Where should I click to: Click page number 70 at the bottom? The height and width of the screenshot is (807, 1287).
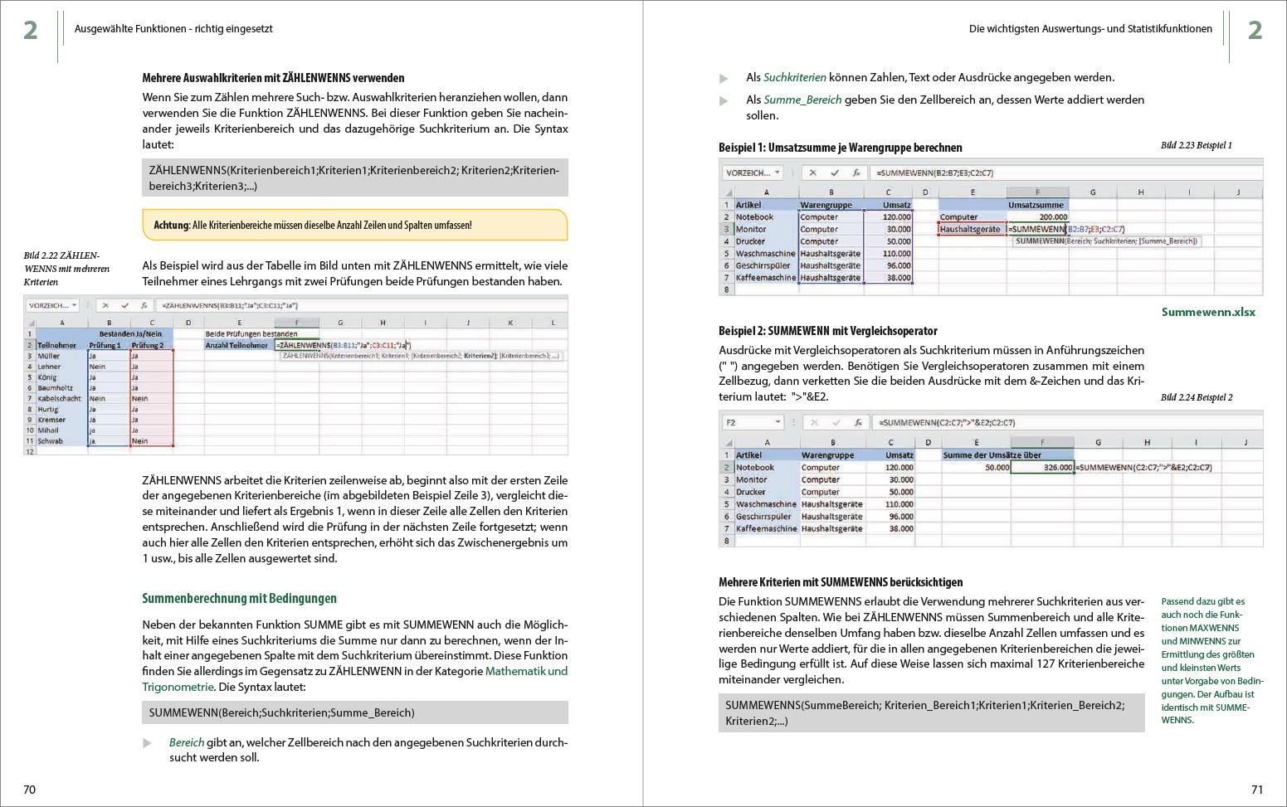pos(29,790)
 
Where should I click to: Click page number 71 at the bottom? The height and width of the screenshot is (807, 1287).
pos(1256,790)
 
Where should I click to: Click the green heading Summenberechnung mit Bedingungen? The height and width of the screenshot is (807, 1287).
pos(239,598)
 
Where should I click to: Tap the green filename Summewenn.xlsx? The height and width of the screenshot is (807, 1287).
pos(1208,313)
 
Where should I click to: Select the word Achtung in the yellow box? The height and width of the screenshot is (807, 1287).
pos(171,225)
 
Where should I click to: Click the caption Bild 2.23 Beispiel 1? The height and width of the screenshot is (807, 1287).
pos(1196,145)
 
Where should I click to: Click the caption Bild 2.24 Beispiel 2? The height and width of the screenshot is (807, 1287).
pos(1196,397)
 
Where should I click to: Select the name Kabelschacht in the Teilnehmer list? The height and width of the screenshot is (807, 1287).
pos(59,398)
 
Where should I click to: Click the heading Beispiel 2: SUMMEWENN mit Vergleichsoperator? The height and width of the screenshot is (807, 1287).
pos(827,331)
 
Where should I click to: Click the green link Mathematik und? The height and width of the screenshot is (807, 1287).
pos(526,671)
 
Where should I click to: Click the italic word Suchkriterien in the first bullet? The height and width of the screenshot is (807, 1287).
pos(794,77)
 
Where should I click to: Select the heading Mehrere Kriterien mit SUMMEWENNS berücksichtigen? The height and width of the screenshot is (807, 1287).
pos(841,582)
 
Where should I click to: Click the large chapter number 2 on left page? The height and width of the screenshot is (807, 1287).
pos(31,31)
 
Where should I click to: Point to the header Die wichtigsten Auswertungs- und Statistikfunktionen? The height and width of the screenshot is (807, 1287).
pos(1090,29)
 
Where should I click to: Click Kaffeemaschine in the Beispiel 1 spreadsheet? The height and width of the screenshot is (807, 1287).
pos(765,278)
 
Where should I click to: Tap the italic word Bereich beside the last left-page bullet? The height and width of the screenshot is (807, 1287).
pos(186,742)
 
